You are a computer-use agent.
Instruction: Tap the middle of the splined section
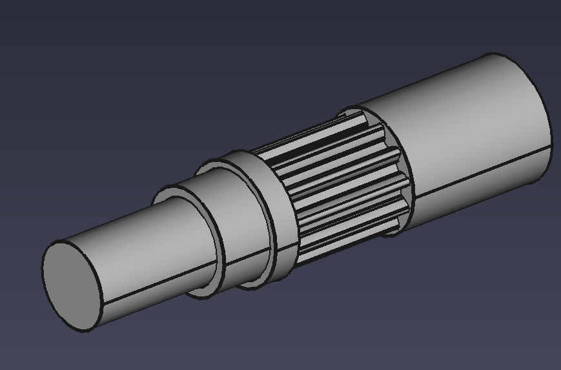336,187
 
